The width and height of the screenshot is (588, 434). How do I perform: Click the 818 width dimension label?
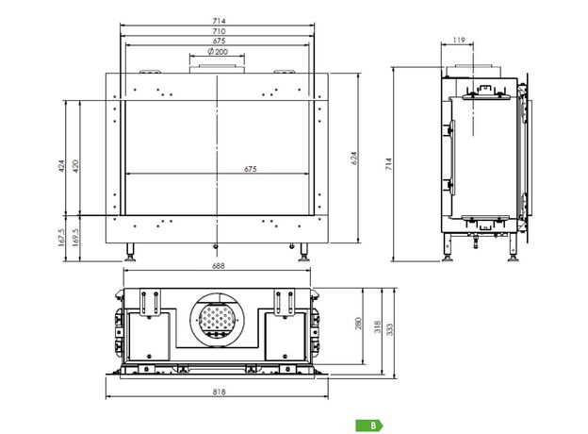(219, 392)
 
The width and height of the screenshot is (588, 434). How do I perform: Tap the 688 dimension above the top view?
(219, 266)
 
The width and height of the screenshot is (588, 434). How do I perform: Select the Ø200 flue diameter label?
(218, 52)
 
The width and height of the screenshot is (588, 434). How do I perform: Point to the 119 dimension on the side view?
(458, 40)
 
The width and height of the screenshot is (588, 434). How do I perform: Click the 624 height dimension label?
(354, 159)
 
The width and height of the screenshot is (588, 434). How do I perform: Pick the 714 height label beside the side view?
(388, 164)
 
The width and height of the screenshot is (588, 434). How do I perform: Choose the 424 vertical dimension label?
(62, 166)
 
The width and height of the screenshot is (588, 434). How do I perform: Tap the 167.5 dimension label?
(62, 238)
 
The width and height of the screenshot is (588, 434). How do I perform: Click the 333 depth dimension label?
(390, 329)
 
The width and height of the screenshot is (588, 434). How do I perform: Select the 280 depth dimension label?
(358, 324)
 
